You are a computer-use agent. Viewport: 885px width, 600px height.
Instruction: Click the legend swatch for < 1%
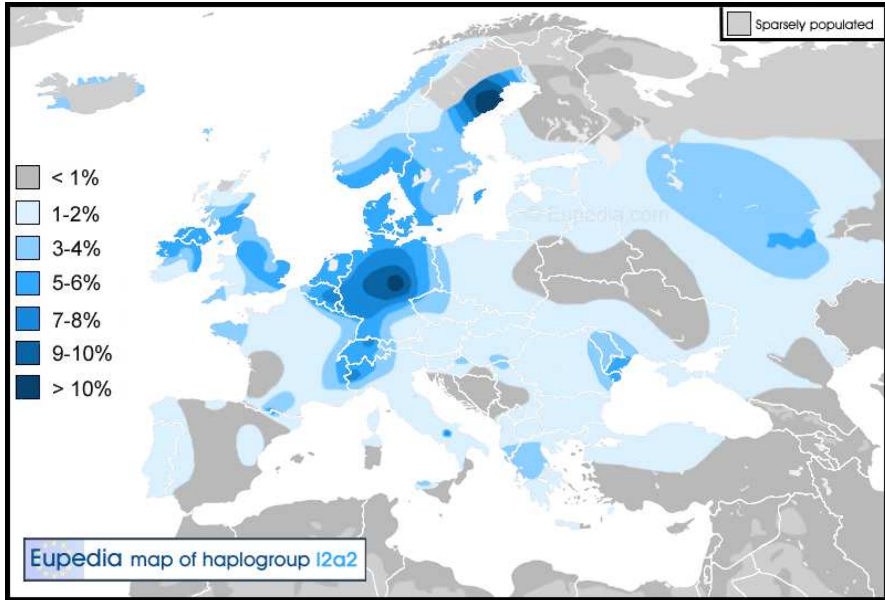coord(27,177)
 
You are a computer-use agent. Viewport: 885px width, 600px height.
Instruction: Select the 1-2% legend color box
coord(27,213)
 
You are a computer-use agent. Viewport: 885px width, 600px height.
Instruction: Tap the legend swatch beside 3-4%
coord(27,248)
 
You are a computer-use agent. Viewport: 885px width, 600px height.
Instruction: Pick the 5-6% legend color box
coord(27,283)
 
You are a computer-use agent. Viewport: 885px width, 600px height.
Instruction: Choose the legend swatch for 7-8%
coord(27,318)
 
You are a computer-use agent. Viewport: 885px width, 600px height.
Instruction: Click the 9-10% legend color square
coord(27,353)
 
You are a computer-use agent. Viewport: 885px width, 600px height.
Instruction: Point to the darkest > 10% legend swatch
coord(27,387)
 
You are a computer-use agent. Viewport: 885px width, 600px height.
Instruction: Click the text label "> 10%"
coord(82,389)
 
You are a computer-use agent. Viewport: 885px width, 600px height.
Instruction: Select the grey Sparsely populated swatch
coord(739,24)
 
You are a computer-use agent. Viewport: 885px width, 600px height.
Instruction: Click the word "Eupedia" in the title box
coord(76,559)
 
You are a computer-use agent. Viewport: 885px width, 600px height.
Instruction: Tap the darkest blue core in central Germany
coord(395,283)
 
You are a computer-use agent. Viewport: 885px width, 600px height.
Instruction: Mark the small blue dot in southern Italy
coord(447,433)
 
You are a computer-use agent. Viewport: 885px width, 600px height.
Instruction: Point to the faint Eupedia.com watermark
coord(594,216)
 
